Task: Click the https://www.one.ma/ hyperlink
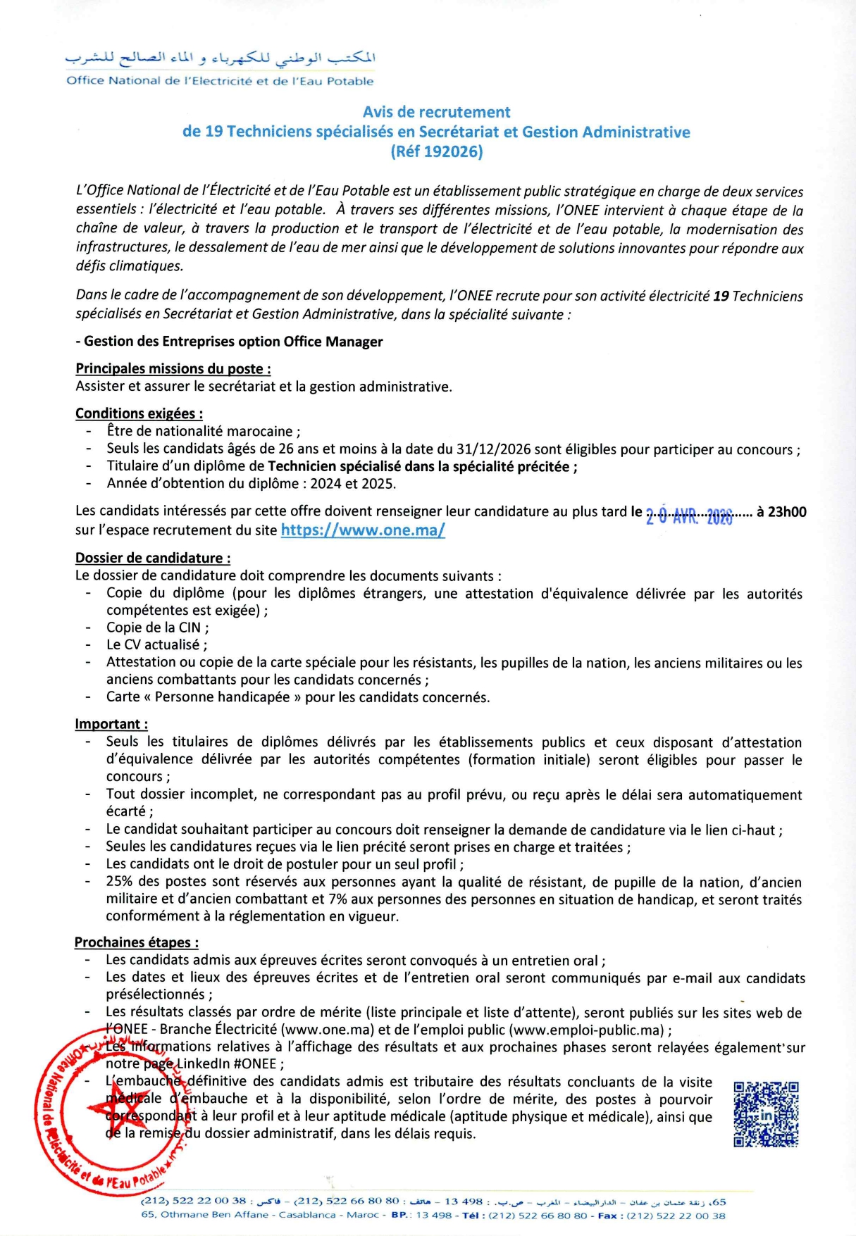coord(363,530)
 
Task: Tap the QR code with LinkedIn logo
coord(765,1114)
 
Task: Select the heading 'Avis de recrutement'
coord(436,112)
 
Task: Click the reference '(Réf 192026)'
coord(436,151)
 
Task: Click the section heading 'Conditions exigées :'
coord(139,413)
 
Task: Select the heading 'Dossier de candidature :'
coord(153,558)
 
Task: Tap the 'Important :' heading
coord(111,724)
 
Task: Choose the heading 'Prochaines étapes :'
coord(137,942)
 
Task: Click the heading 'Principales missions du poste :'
coord(173,368)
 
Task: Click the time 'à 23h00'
coord(781,512)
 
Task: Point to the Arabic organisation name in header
coord(221,58)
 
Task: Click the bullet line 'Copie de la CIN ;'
coord(157,628)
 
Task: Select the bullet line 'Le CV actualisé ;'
coord(156,644)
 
